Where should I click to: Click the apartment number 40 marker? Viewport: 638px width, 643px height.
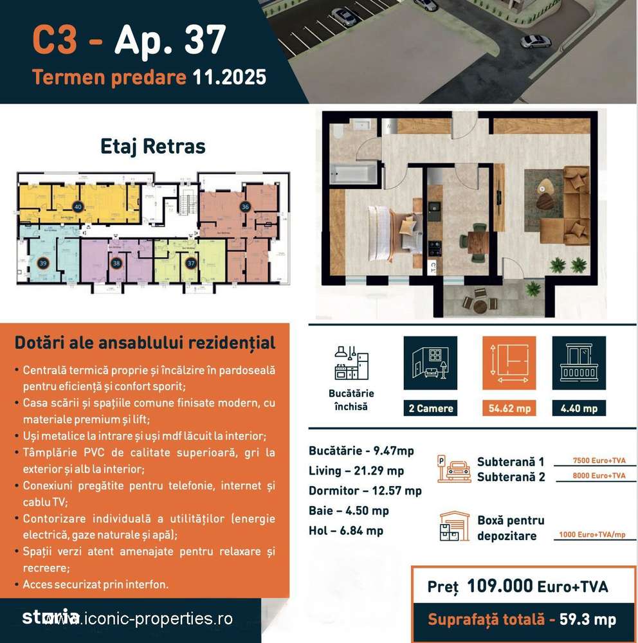pos(78,207)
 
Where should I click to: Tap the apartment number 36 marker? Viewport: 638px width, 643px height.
pos(245,207)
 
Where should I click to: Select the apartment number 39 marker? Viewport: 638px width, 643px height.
pos(43,263)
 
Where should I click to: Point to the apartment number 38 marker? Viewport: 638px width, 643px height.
pos(116,263)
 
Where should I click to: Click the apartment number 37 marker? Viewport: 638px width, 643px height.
pos(190,263)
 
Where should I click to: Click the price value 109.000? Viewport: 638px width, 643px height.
pos(500,586)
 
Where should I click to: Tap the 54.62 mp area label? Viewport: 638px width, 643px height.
pos(509,408)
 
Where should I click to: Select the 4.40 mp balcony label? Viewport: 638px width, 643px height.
pos(579,408)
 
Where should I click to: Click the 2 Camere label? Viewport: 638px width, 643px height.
pos(430,408)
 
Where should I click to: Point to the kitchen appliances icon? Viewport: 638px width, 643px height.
pos(351,363)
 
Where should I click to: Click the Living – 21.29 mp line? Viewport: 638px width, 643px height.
pos(356,471)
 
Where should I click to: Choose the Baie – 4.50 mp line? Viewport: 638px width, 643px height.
pos(349,511)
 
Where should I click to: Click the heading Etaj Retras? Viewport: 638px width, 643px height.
pos(153,146)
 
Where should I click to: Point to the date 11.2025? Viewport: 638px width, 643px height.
pos(230,77)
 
